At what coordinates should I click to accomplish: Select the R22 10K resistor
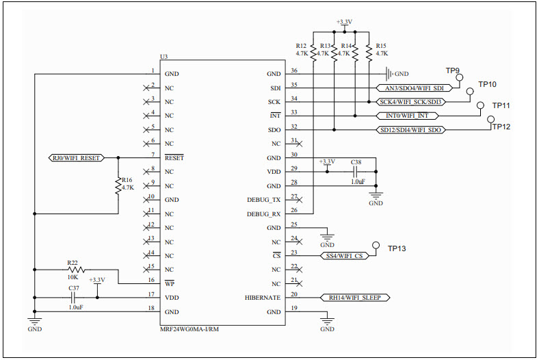[73, 269]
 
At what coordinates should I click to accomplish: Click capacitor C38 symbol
[355, 172]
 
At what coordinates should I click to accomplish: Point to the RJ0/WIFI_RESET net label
[76, 157]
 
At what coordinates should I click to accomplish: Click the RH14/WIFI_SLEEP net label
[355, 298]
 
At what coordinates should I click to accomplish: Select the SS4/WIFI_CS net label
[343, 255]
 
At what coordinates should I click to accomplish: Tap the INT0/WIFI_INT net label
[407, 116]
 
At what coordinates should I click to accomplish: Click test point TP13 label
[397, 248]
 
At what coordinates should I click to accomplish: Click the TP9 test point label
[452, 70]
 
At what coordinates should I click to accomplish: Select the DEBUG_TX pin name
[263, 200]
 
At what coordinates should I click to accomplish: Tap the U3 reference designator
[163, 57]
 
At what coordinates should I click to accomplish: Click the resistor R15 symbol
[368, 52]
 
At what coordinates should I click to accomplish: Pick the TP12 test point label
[501, 127]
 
